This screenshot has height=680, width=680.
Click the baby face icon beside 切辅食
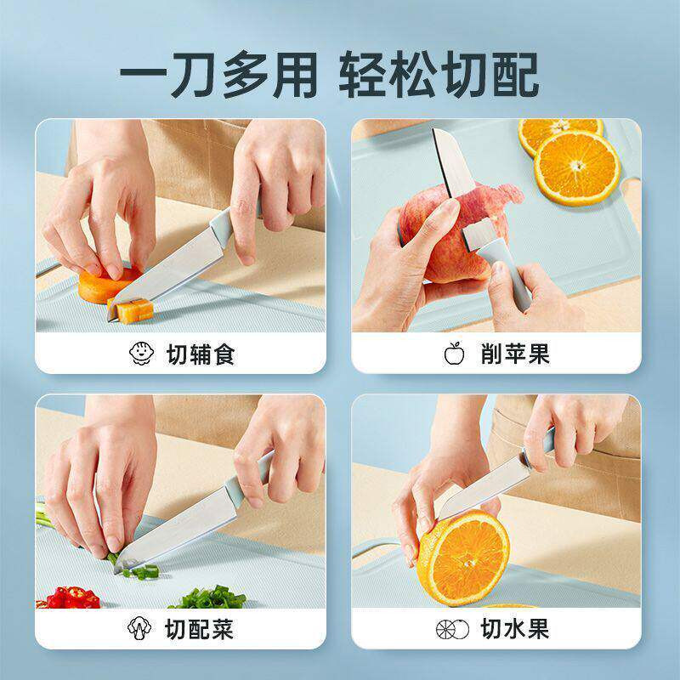(141, 354)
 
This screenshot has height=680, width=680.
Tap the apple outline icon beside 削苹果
(454, 354)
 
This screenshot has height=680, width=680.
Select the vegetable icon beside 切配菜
(139, 627)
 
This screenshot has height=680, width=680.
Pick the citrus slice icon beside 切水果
(452, 629)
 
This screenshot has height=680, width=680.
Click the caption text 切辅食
(201, 354)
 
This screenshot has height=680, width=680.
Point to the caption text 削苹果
(515, 354)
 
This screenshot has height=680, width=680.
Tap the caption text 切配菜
(200, 629)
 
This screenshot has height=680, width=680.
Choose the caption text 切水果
(515, 629)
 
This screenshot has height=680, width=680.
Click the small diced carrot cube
(134, 311)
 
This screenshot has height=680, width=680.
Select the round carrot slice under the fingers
(104, 286)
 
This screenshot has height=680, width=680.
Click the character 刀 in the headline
(192, 74)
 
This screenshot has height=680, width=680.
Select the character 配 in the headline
(516, 74)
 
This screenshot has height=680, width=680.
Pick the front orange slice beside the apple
(577, 167)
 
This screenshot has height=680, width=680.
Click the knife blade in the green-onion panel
(178, 528)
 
